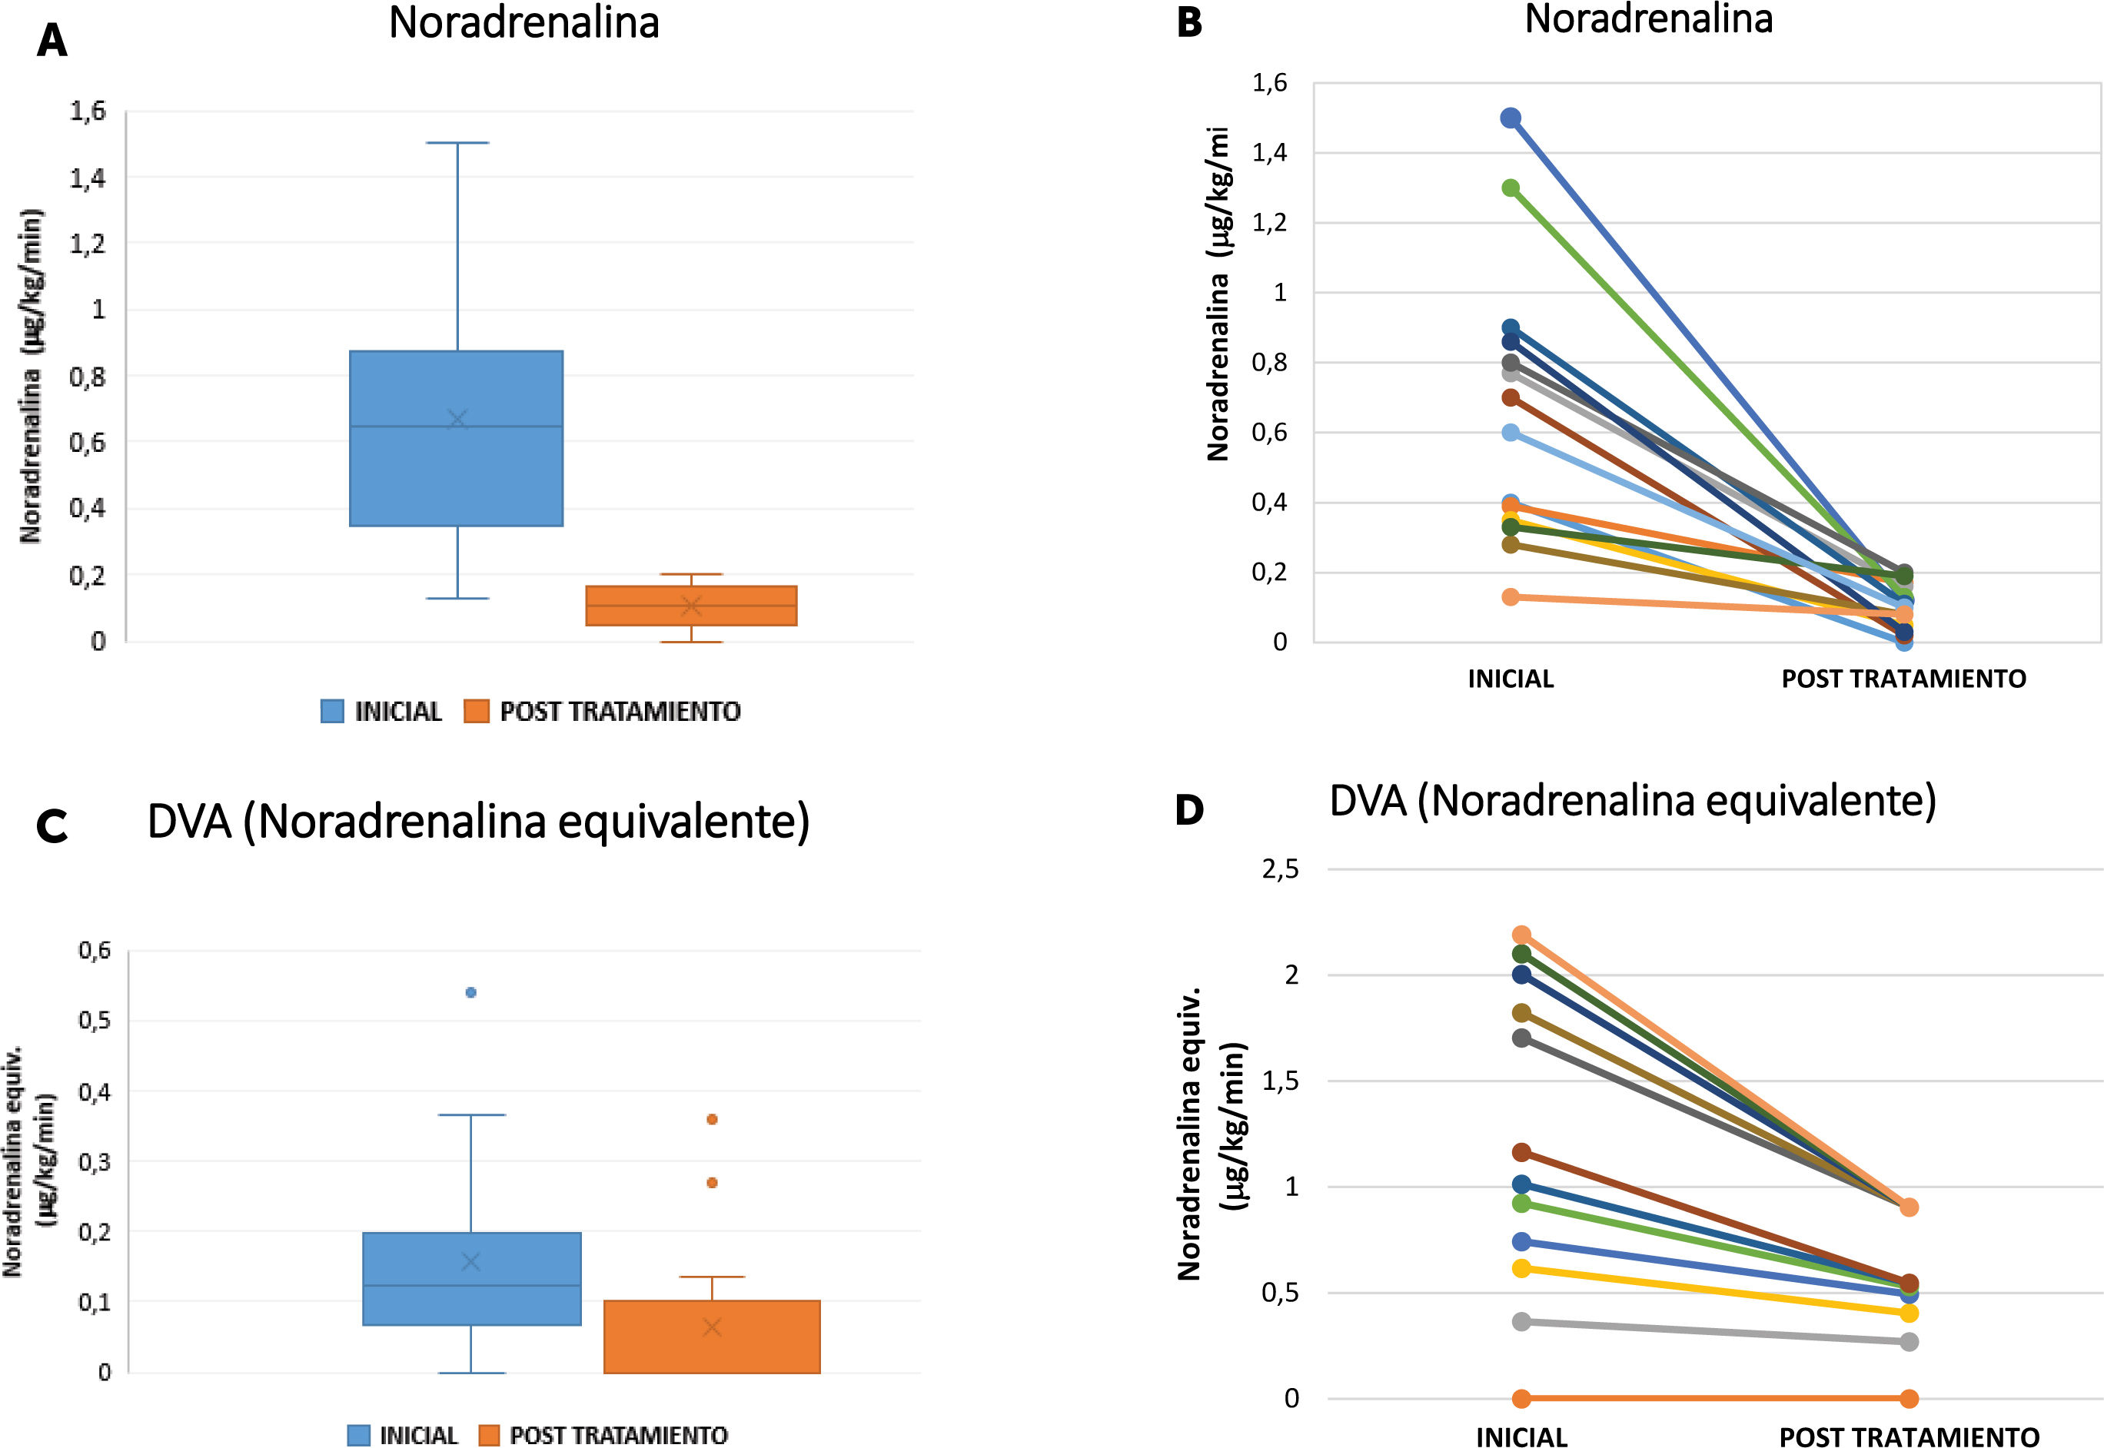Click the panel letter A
click(52, 41)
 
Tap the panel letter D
click(1188, 809)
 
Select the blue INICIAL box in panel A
click(457, 438)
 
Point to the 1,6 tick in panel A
click(87, 111)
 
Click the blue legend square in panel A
click(332, 711)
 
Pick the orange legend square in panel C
click(489, 1435)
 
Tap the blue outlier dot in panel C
click(471, 992)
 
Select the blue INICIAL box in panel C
click(472, 1278)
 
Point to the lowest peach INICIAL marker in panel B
click(1511, 597)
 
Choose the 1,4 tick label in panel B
click(1269, 152)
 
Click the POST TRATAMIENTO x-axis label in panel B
click(1903, 679)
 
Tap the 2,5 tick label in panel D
click(1279, 869)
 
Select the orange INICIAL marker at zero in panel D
click(1521, 1398)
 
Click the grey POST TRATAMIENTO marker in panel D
click(1909, 1342)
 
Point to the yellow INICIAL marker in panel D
click(1521, 1268)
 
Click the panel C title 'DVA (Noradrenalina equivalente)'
click(478, 822)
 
